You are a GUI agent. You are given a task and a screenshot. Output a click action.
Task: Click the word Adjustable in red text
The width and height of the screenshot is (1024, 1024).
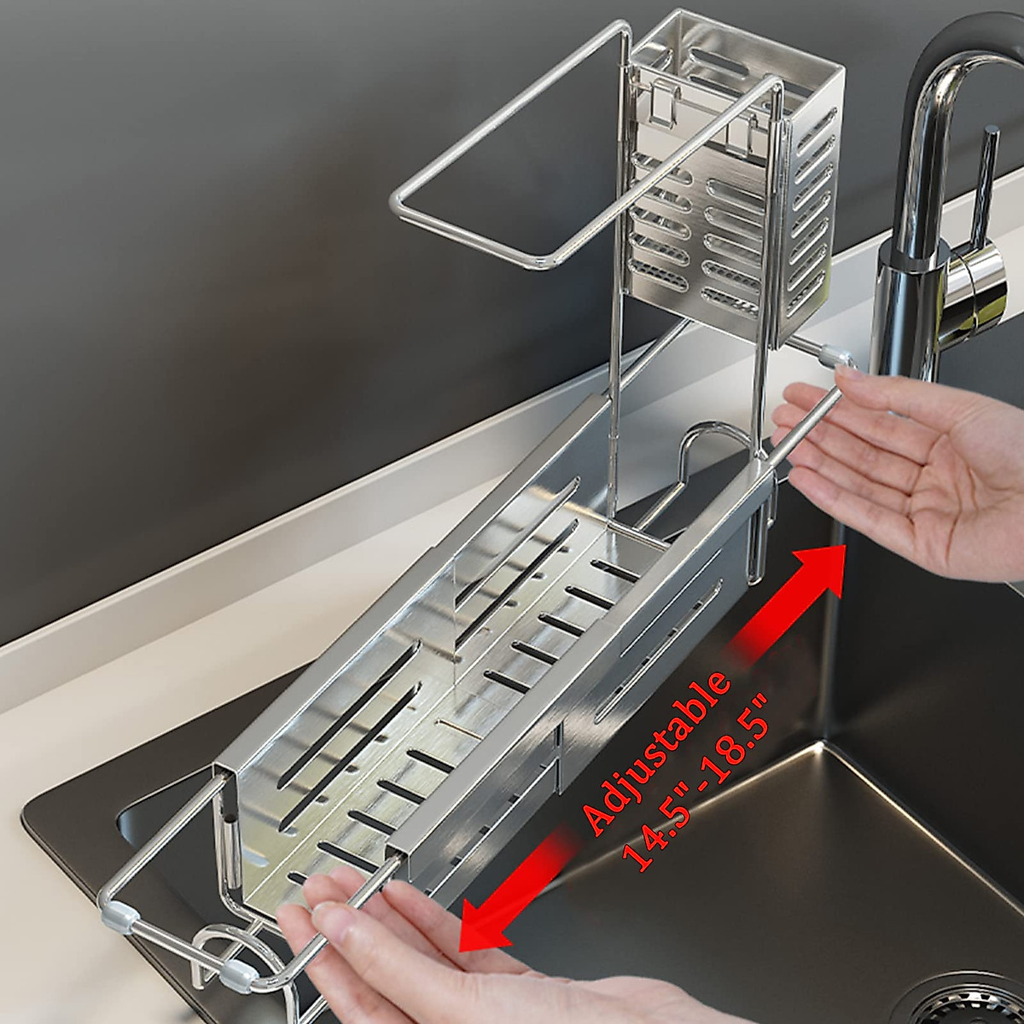(x=657, y=751)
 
